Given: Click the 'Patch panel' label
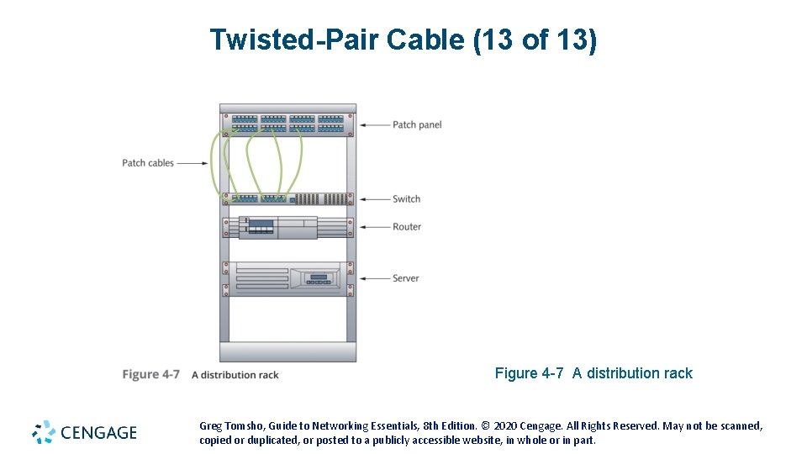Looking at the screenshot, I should coord(417,124).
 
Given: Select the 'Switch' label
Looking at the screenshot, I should coord(406,199).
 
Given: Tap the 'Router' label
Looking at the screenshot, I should coord(407,227).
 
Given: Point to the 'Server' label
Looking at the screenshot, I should coord(405,278).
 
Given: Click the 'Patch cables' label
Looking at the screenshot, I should coord(148,163).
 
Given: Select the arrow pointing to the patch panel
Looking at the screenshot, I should coord(374,124).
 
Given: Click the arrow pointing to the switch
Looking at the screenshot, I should coord(374,199).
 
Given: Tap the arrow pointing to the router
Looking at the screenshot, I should coord(374,227).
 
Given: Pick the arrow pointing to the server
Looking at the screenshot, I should coord(374,278).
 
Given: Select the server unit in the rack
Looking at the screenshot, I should coord(287,278).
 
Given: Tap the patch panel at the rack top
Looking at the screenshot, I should coord(287,124).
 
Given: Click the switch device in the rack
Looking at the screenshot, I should coord(287,199).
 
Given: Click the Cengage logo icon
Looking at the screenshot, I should coord(44,432).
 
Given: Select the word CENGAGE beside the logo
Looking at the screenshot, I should coord(98,433).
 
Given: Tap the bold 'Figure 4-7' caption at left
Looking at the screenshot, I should coord(151,374).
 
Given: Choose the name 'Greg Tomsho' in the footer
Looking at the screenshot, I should coord(226,426).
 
